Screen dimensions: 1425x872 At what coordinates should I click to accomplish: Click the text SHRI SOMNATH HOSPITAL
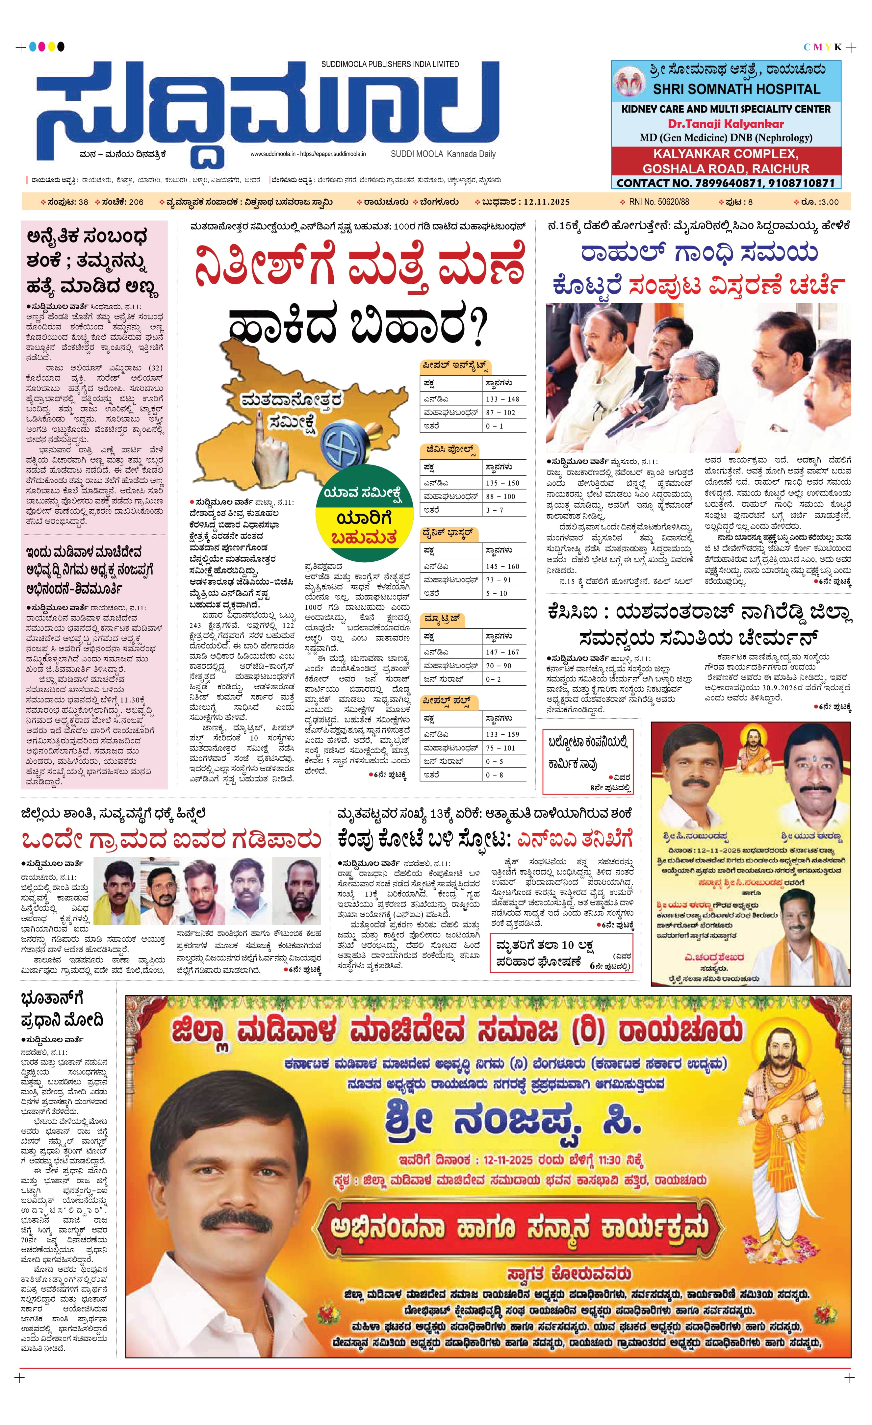point(736,89)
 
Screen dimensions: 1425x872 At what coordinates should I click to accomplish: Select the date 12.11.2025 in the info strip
point(547,202)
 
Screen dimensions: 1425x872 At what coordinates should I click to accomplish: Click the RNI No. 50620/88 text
point(659,202)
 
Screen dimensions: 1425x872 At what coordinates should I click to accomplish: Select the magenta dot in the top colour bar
point(42,46)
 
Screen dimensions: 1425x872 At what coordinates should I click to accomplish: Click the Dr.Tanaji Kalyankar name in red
point(726,124)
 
